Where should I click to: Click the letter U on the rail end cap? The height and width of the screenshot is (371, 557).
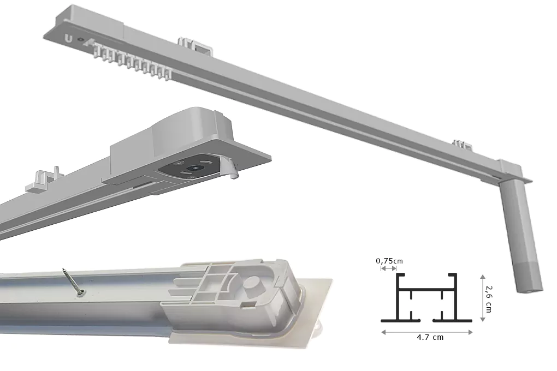pos(68,39)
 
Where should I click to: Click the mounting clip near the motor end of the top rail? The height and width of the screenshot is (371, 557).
pos(461,145)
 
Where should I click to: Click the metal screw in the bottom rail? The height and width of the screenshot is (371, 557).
pos(73,282)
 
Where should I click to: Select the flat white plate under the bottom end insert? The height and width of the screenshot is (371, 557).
pos(306,327)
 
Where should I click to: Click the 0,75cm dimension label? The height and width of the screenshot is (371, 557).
pos(389,261)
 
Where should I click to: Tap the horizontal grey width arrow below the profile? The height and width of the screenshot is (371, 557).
pos(426,331)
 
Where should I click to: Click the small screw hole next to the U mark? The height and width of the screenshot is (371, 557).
pos(81,40)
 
